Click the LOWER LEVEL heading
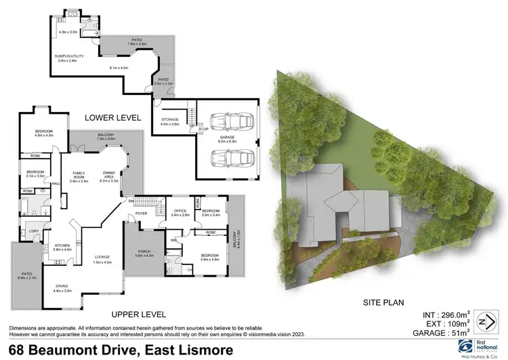[112, 118]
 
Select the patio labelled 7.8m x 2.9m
[137, 42]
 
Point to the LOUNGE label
[102, 258]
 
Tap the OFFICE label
[179, 211]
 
